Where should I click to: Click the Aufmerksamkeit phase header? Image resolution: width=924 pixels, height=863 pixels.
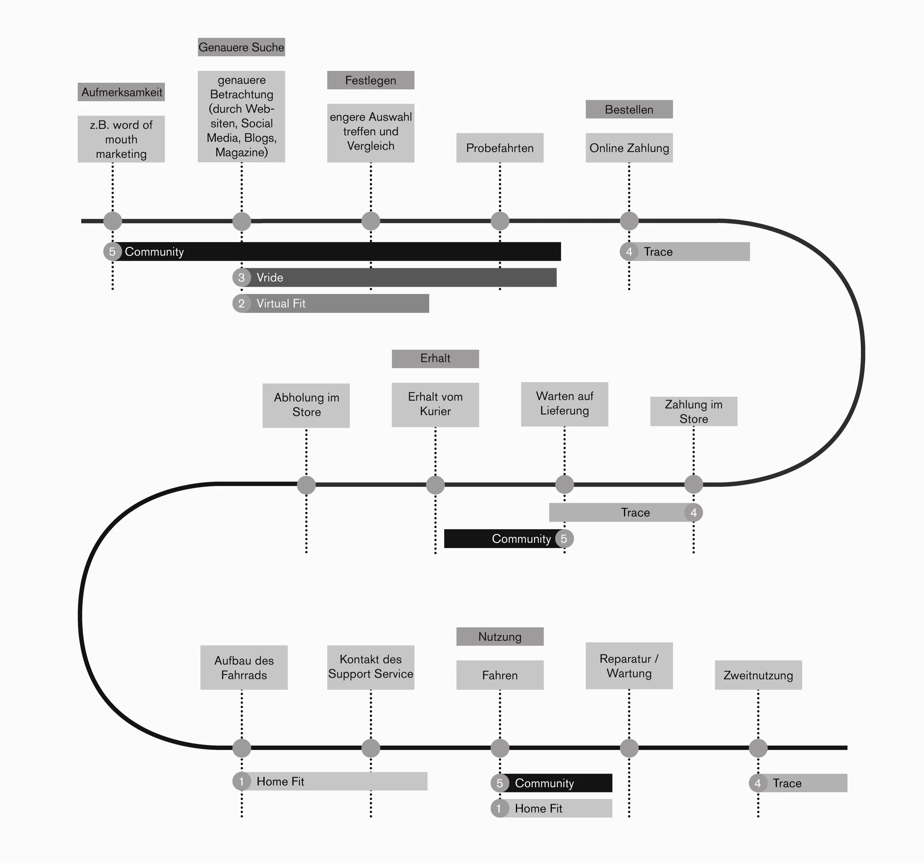tap(121, 92)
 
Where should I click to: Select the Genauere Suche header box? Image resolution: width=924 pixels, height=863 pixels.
tap(241, 47)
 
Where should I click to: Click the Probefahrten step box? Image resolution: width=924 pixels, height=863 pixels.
tap(500, 148)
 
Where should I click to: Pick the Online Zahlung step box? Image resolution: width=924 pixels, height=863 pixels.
tap(629, 148)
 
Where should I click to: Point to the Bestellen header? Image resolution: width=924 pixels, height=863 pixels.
tap(629, 109)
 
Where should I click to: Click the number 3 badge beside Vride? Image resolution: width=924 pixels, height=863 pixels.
tap(241, 278)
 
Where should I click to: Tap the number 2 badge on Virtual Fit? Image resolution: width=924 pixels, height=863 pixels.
tap(241, 303)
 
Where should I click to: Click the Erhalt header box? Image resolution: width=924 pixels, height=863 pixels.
tap(435, 358)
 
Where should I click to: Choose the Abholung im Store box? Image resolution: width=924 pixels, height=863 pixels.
tap(306, 405)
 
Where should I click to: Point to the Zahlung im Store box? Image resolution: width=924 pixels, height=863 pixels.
tap(693, 411)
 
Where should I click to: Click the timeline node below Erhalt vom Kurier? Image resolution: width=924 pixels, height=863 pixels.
tap(435, 485)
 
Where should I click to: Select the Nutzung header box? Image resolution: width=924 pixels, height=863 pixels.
tap(500, 636)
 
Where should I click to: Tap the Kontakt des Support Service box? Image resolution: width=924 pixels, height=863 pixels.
tap(370, 667)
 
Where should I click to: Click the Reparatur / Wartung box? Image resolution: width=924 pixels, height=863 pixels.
tap(629, 666)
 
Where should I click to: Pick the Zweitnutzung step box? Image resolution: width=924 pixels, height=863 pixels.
tap(758, 675)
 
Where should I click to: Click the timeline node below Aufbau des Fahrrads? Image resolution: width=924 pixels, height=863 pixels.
tap(242, 748)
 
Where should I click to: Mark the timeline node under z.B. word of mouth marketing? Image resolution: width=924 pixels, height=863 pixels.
tap(112, 221)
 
